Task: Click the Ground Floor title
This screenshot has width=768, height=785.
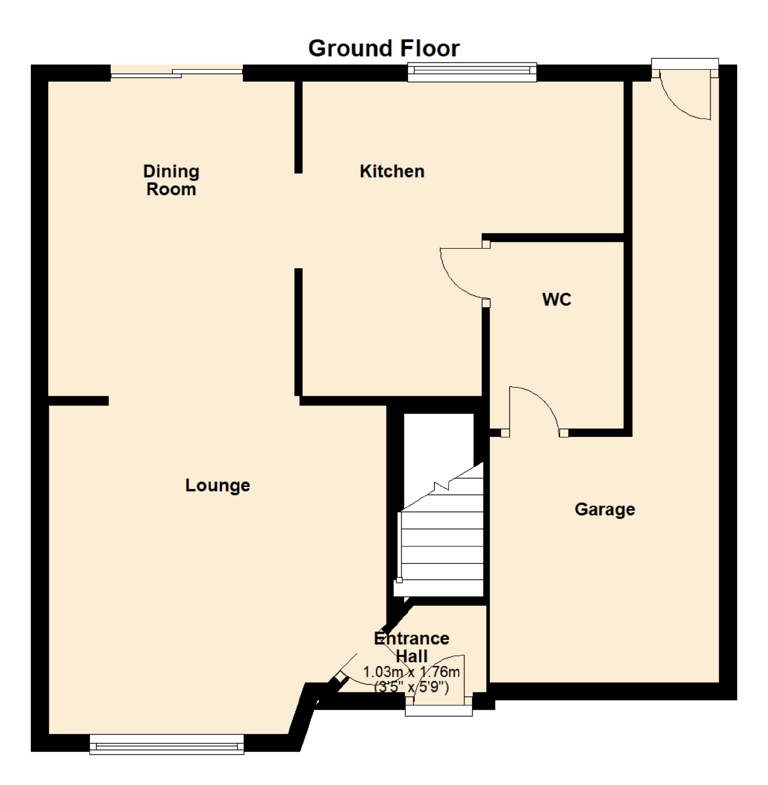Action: (x=383, y=48)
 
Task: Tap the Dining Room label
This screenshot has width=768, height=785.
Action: (x=171, y=180)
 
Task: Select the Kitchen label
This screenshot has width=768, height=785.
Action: (x=392, y=171)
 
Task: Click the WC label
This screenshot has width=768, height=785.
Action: (x=556, y=299)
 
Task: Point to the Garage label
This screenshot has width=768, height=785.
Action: (x=604, y=509)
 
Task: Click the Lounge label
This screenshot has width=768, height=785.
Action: (x=217, y=485)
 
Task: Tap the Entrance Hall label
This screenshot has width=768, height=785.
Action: (x=411, y=647)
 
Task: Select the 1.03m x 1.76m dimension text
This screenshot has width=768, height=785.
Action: (x=411, y=672)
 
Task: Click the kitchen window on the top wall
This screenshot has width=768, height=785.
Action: (x=471, y=72)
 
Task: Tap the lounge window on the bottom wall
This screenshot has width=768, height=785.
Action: (x=167, y=744)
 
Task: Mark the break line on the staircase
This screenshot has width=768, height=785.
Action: (x=442, y=486)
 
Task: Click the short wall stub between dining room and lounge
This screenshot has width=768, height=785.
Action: (x=78, y=400)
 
